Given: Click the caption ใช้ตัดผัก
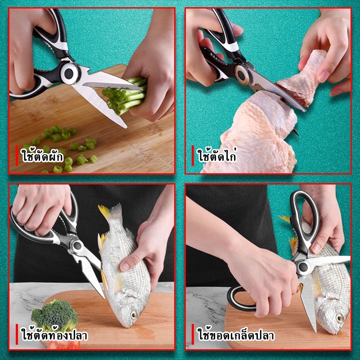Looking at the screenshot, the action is click(x=43, y=156).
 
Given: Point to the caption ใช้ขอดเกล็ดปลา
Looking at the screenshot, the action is click(x=236, y=335).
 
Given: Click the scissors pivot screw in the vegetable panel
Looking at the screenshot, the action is click(x=69, y=73).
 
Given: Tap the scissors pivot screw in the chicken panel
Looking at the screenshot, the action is click(x=241, y=74).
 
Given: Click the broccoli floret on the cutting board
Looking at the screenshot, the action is click(x=55, y=314).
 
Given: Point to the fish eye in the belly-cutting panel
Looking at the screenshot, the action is click(x=133, y=315).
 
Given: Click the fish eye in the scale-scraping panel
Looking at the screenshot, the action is click(x=339, y=318).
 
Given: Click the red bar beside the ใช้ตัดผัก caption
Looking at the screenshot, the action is click(x=17, y=155).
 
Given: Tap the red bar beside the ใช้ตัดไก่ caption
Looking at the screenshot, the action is click(x=193, y=155).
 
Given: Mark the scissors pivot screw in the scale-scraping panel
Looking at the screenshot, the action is click(x=303, y=266).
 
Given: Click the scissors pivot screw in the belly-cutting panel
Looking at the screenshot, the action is click(x=77, y=246).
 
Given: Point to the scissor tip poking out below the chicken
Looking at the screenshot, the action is click(x=296, y=132).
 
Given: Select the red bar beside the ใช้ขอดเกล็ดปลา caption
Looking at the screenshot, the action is click(x=193, y=334).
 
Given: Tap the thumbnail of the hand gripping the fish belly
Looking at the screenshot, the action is click(x=125, y=266).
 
